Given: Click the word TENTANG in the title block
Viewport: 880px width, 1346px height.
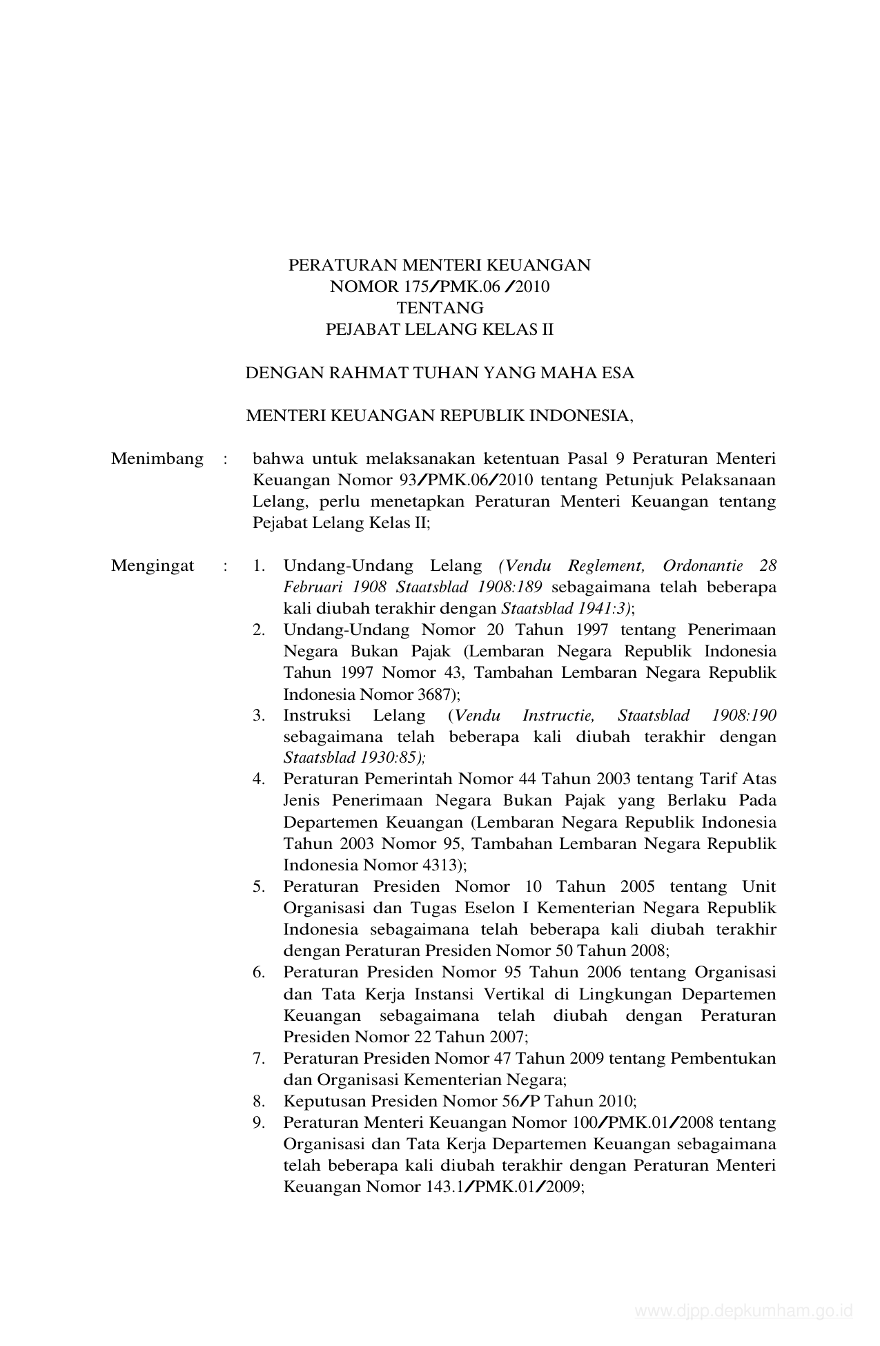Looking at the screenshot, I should (440, 308).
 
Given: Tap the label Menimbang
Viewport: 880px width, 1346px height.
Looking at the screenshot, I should (157, 459).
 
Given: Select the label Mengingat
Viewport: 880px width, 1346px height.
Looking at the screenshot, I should (153, 567).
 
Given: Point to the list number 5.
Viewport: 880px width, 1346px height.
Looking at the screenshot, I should (259, 887).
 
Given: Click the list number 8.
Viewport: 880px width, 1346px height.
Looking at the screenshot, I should (259, 1102).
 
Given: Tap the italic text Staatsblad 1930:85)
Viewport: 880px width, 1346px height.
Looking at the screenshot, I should (355, 757).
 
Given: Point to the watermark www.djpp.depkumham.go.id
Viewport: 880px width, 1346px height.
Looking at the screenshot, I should (744, 1311).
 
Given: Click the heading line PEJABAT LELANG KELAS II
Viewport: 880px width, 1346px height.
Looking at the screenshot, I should (440, 329).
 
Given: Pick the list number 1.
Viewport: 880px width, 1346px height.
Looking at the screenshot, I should (259, 567).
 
